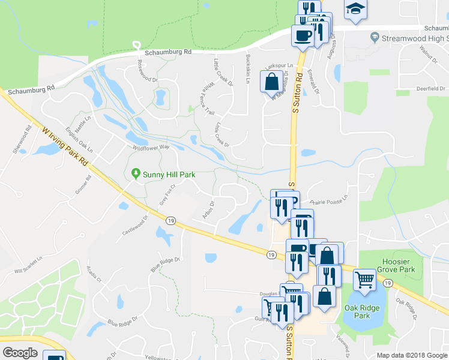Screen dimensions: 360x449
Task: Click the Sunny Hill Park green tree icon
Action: (136, 173)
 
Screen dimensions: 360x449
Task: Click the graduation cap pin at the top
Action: (355, 8)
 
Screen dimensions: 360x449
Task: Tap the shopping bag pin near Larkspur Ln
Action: (271, 80)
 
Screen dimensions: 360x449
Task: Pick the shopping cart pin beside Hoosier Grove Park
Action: (364, 279)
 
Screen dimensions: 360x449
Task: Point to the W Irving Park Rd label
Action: (66, 146)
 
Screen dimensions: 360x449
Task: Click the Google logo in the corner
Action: (20, 353)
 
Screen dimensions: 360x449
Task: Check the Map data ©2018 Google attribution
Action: (412, 355)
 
